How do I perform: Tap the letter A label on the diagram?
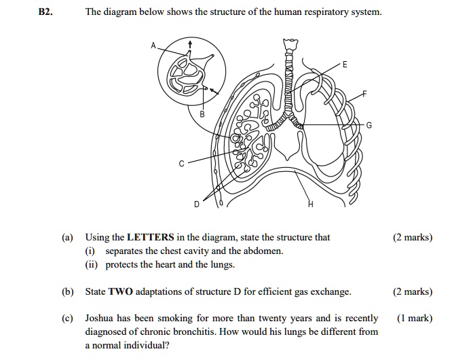[x=153, y=46]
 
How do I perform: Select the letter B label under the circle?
[x=201, y=115]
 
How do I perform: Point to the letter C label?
[x=181, y=164]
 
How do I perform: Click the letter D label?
[x=197, y=204]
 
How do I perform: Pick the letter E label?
[x=345, y=65]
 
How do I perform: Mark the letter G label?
[x=369, y=126]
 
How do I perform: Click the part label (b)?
[x=67, y=291]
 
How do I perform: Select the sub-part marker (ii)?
[x=92, y=264]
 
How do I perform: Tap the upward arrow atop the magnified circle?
[x=191, y=44]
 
